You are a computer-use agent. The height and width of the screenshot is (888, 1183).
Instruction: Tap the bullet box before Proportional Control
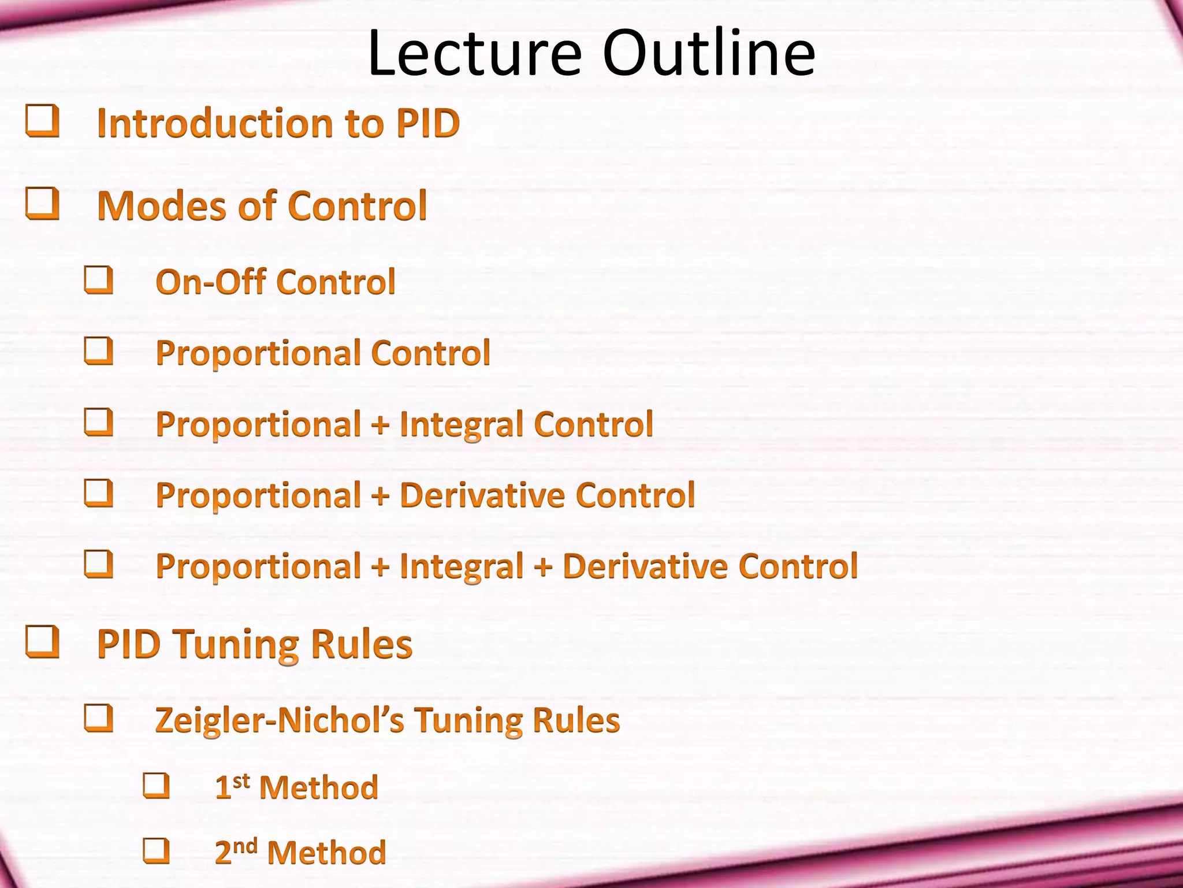[99, 351]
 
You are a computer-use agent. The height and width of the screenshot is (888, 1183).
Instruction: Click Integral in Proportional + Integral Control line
[462, 425]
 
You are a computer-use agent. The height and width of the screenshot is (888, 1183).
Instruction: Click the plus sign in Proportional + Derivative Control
[380, 496]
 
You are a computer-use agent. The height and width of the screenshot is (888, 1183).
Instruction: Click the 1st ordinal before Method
[232, 787]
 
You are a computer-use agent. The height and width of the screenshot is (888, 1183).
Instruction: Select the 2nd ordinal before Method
[235, 852]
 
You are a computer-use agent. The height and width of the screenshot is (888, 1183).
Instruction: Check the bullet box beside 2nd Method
[157, 850]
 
